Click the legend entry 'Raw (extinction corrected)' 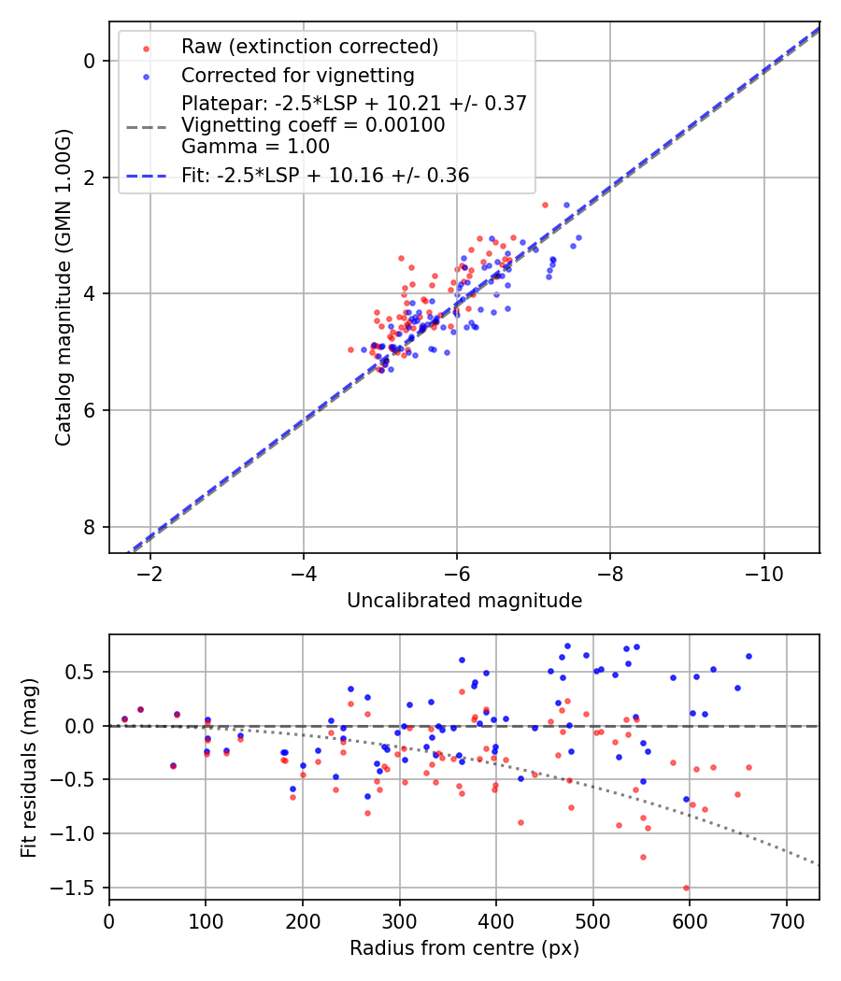pyautogui.click(x=309, y=47)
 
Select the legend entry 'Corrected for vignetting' pyautogui.click(x=298, y=75)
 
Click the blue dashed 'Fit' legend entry pyautogui.click(x=325, y=175)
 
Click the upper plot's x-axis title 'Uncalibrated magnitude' pyautogui.click(x=464, y=601)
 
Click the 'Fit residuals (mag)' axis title pyautogui.click(x=29, y=766)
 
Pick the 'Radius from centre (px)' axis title pyautogui.click(x=464, y=948)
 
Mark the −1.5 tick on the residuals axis pyautogui.click(x=81, y=888)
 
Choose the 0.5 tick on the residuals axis pyautogui.click(x=86, y=672)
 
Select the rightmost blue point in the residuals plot pyautogui.click(x=748, y=656)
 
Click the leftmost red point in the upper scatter pyautogui.click(x=351, y=349)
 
